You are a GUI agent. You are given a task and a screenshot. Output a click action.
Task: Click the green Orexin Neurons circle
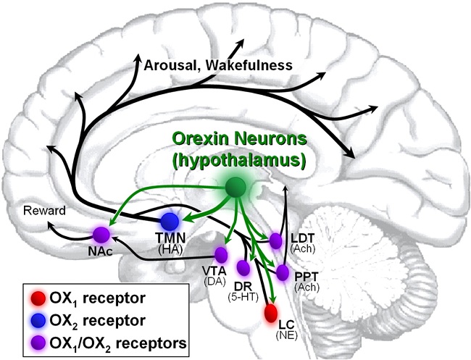pos(235,188)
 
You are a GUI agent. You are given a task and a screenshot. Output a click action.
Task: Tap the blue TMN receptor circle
pos(170,220)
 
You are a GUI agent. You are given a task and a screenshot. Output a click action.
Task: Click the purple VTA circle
pos(220,254)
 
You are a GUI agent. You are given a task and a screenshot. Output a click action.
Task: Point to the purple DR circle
pos(243,267)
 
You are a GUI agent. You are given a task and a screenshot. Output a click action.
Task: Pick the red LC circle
pos(271,313)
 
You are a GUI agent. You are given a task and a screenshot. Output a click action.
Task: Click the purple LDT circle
pos(275,240)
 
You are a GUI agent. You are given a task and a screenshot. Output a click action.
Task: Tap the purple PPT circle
pos(282,272)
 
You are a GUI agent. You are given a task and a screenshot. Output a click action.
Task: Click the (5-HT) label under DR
pos(242,296)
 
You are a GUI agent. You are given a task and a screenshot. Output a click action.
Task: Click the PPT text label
pos(307,276)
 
